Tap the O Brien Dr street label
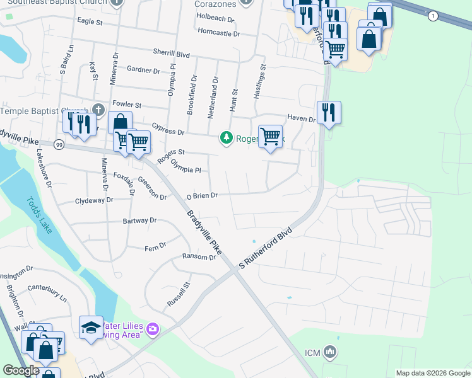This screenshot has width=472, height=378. (x=202, y=196)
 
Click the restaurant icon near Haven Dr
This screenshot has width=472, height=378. (x=328, y=113)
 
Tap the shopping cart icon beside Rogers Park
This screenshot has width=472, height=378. (x=270, y=136)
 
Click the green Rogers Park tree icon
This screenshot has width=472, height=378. (x=226, y=137)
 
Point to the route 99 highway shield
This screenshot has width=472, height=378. (x=58, y=144)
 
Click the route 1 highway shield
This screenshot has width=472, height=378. (x=432, y=15)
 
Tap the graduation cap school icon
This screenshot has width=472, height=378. (x=91, y=328)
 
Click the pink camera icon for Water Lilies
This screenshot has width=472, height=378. (x=152, y=329)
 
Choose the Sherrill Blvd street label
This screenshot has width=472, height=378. (x=171, y=55)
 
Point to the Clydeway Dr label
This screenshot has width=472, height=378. (x=93, y=200)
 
